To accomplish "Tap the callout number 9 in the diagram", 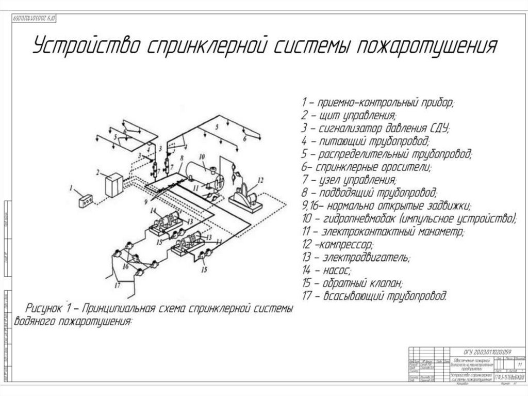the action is tap(146, 201).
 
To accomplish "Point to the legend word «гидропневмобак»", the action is tap(360, 218).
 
